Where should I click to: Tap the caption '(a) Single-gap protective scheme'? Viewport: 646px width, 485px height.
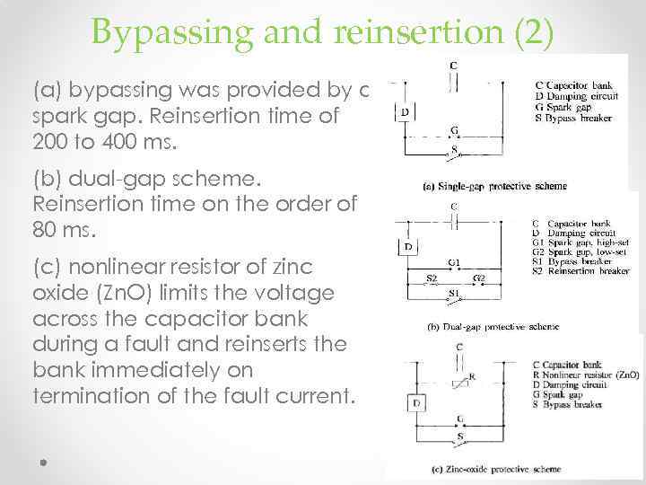493,187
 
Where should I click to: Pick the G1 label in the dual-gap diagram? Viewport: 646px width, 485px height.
455,262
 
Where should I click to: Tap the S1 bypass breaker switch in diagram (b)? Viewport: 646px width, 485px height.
454,294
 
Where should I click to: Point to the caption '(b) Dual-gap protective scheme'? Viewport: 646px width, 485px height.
485,329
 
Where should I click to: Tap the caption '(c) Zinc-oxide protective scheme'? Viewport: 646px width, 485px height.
496,469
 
